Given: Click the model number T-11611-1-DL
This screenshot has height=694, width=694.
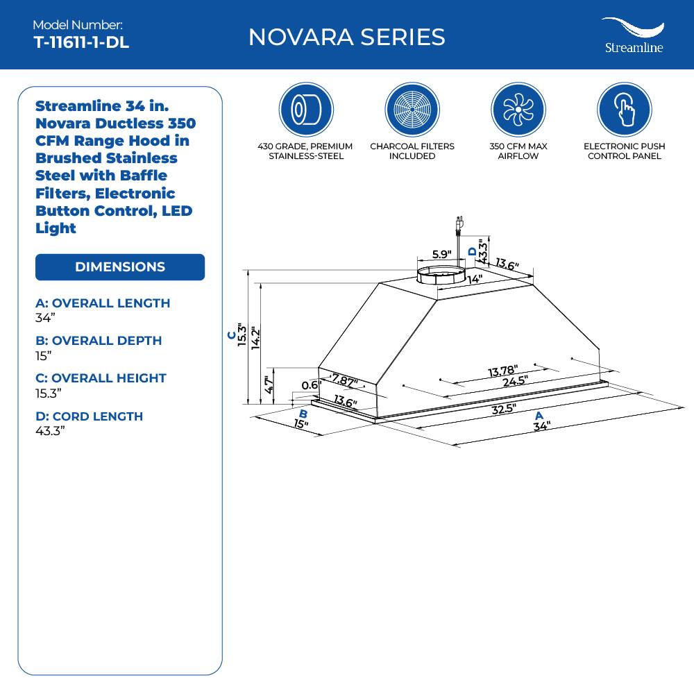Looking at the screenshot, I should click(x=81, y=42).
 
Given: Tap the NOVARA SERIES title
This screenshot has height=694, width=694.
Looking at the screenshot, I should click(x=346, y=37).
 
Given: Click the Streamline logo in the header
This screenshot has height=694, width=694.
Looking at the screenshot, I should click(x=632, y=35).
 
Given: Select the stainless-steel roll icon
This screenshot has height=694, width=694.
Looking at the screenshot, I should click(x=306, y=110).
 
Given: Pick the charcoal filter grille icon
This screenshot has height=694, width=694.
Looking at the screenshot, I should click(x=412, y=110).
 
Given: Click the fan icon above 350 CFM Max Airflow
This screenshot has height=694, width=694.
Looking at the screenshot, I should click(x=518, y=110).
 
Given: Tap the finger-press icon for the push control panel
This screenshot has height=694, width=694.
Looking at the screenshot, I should click(x=624, y=110).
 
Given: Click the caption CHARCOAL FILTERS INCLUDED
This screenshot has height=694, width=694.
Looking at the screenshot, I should click(x=412, y=151).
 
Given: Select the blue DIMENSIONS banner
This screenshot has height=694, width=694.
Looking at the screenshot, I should click(x=120, y=267).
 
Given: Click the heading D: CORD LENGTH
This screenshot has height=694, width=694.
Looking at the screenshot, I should click(x=89, y=416).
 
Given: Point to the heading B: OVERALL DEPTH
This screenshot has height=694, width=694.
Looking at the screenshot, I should click(x=99, y=341).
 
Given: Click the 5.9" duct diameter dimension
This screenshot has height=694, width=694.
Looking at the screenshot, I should click(x=441, y=254).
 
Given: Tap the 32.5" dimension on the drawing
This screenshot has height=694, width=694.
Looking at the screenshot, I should click(x=504, y=409).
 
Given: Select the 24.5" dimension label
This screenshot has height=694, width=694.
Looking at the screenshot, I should click(x=515, y=380).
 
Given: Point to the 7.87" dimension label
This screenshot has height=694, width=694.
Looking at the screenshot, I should click(x=345, y=381).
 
